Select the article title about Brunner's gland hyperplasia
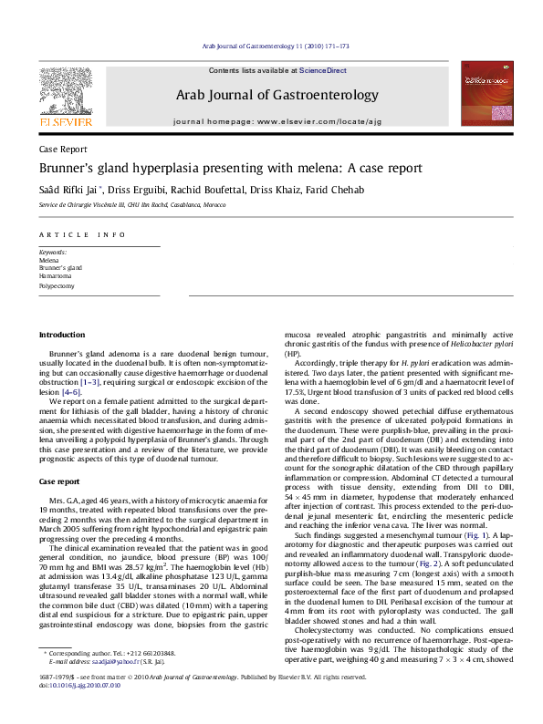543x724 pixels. (x=217, y=169)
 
